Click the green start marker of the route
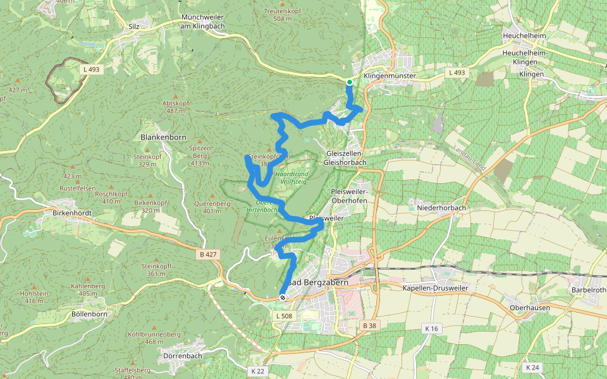coord(349,82)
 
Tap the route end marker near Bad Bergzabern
coord(283,297)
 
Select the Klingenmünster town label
coord(390,76)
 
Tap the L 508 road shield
coord(285,315)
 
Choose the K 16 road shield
coord(431,328)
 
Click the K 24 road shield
coord(532,367)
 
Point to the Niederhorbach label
coord(441,208)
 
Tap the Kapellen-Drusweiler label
coord(436,288)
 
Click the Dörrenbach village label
coord(183,356)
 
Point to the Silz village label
coord(133,27)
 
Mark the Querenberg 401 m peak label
coord(212,207)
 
